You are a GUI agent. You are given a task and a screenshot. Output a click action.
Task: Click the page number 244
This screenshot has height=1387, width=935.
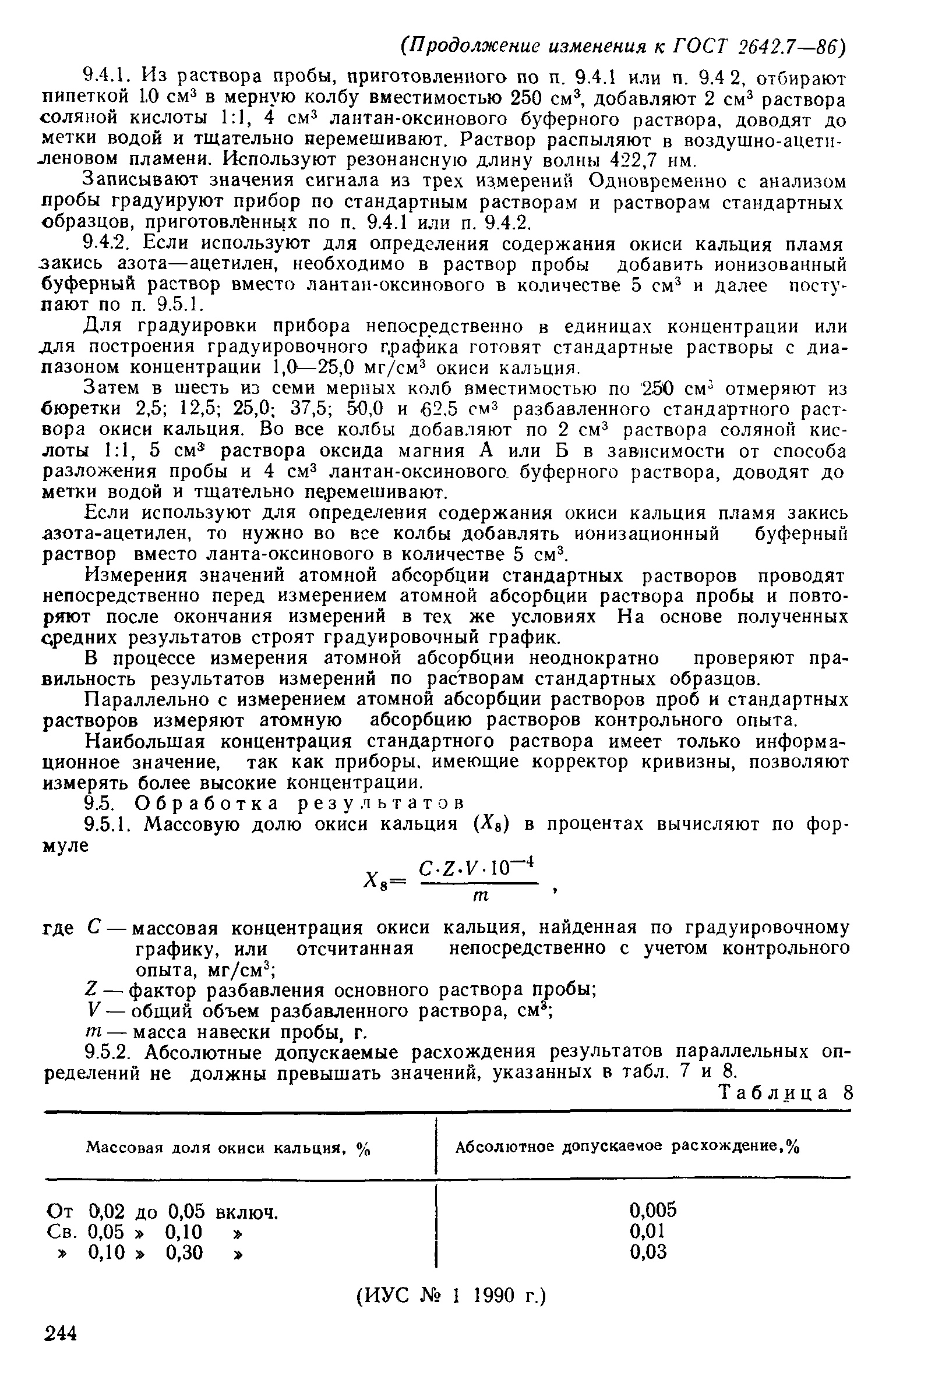(x=61, y=1333)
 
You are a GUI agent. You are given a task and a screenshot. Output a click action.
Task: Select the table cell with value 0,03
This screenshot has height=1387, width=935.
(x=648, y=1252)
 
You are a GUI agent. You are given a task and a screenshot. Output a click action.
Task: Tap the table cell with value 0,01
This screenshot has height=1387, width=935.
(x=647, y=1231)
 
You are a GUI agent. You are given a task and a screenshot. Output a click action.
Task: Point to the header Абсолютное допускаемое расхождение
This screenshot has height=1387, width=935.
(x=627, y=1147)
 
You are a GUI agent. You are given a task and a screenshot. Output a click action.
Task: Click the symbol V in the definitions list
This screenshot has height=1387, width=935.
(x=91, y=1011)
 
